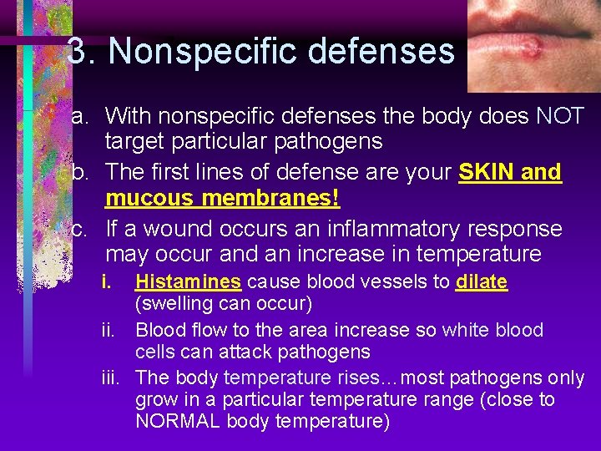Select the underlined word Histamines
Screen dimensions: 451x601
coord(188,281)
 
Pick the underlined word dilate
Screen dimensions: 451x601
coord(482,281)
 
